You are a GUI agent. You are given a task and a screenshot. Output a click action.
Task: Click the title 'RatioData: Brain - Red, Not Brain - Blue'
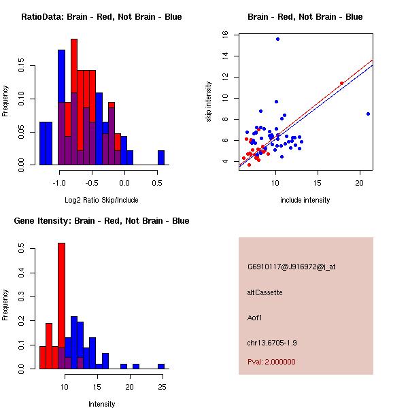(x=101, y=17)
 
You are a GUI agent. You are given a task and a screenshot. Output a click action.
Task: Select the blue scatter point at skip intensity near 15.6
(x=277, y=39)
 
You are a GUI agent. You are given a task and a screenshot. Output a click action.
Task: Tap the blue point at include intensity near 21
(x=368, y=114)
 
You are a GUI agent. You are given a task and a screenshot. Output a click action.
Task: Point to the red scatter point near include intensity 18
(x=341, y=83)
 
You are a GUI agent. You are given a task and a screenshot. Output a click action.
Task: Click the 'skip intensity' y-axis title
(x=209, y=102)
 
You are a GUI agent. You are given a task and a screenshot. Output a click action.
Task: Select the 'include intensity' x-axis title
(x=305, y=200)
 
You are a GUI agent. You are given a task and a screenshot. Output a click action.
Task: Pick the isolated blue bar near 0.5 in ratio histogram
(x=161, y=157)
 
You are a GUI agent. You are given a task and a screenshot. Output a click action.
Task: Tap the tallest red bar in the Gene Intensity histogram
(x=61, y=305)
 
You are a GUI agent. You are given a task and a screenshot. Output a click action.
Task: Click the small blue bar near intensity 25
(x=161, y=366)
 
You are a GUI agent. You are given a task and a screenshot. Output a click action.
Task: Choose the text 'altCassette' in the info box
(x=265, y=292)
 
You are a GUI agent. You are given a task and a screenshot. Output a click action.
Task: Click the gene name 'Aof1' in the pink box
(x=256, y=316)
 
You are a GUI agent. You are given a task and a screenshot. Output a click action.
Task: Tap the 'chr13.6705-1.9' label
(x=273, y=341)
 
